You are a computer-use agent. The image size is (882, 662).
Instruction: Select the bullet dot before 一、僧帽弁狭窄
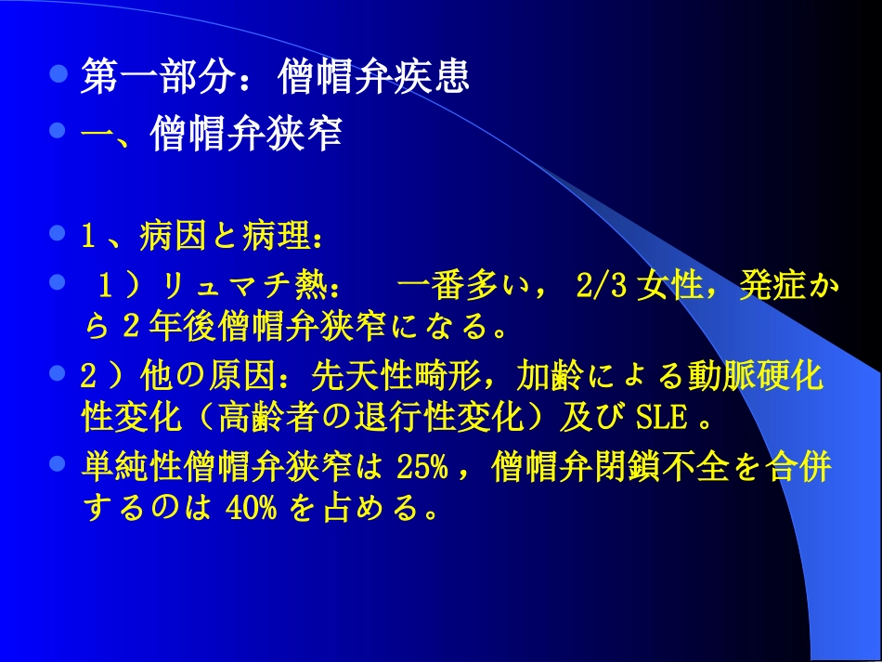pyautogui.click(x=59, y=131)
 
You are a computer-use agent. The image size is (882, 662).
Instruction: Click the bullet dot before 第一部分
pyautogui.click(x=59, y=73)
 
